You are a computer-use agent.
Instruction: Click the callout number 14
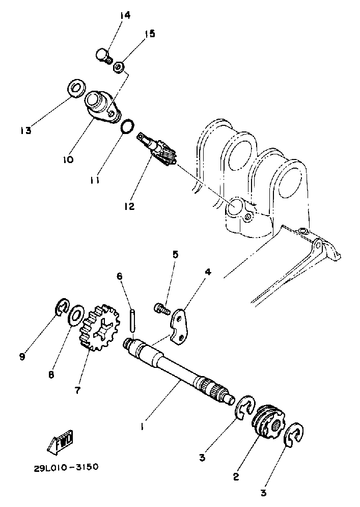[125, 15]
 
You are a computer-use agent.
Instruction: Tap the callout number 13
[25, 130]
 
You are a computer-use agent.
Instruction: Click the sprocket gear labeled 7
[98, 328]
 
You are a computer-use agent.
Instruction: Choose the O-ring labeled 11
[128, 126]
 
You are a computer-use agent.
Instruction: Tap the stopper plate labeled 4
[181, 325]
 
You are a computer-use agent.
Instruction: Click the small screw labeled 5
[161, 308]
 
